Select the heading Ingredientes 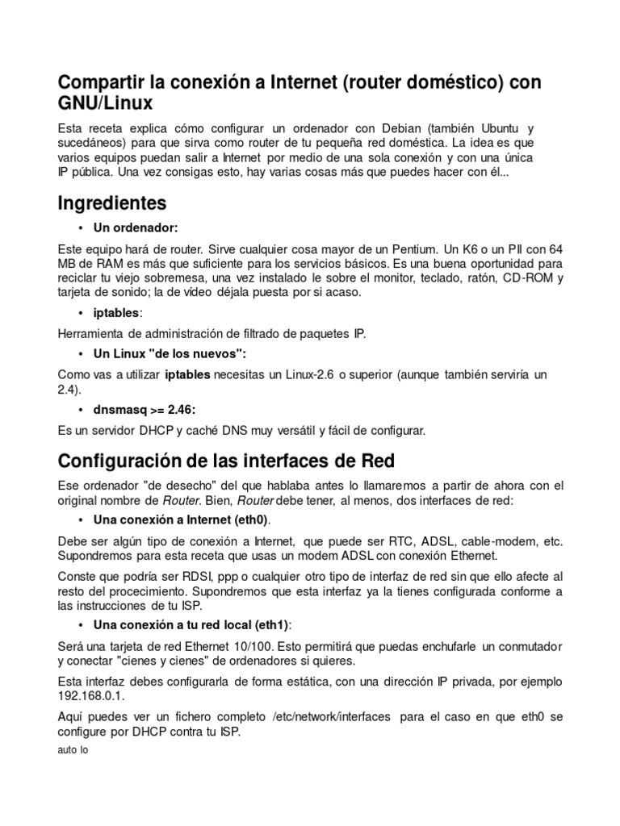coord(112,202)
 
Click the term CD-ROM coord(524,278)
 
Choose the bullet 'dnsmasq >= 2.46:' coord(145,409)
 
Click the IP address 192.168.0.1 coord(90,696)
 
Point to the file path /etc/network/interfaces coord(332,716)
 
